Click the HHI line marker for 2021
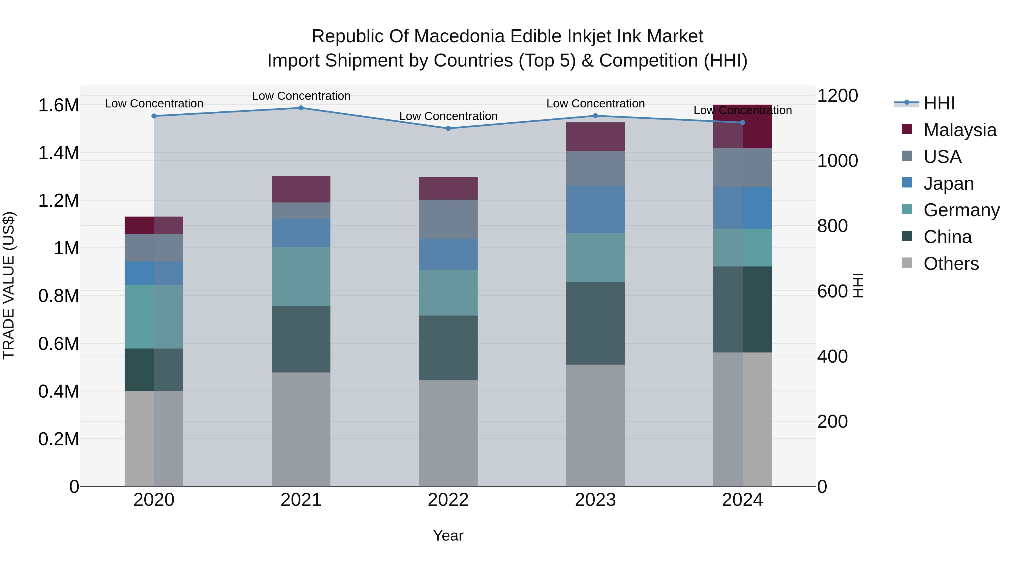coord(301,108)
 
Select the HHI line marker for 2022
coord(448,129)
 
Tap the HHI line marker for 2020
coord(154,116)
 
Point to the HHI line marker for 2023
coord(595,116)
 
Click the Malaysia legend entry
coord(959,130)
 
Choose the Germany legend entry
coord(961,210)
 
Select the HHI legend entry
coord(939,103)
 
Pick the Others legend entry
coord(951,264)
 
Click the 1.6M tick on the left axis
coord(59,106)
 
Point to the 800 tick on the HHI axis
coord(833,226)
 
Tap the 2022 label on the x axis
coord(448,500)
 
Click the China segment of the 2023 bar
coord(595,323)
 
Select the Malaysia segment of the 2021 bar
coord(301,189)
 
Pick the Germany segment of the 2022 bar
coord(448,292)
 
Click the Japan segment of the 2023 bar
coord(595,210)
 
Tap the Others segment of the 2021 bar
coord(301,429)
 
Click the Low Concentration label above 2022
coord(448,116)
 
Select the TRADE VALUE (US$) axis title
coord(9,285)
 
